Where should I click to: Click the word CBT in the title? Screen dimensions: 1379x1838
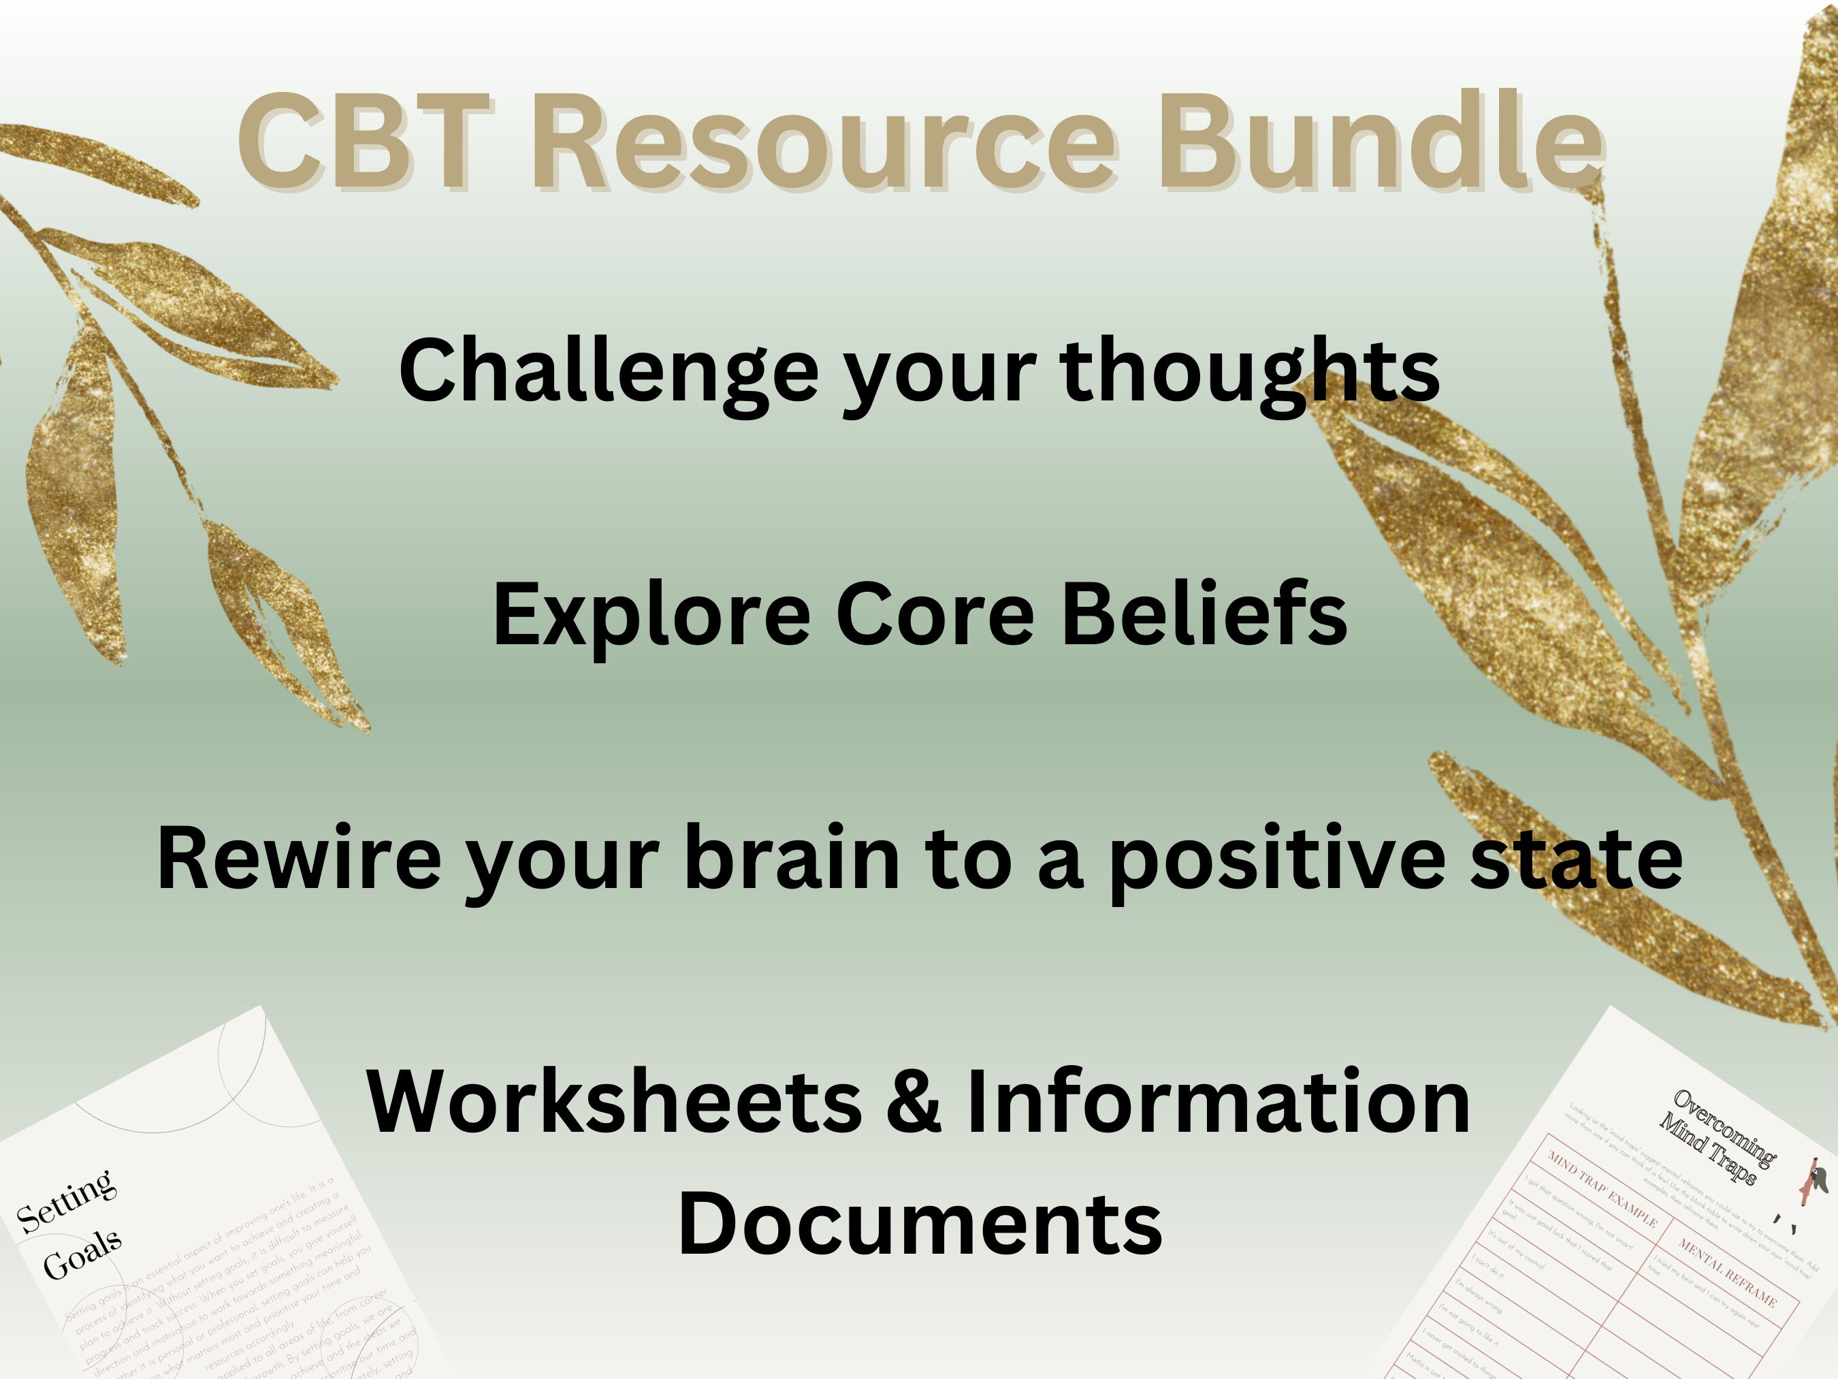366,143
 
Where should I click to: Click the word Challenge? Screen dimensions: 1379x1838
608,372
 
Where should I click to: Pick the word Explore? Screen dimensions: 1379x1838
651,615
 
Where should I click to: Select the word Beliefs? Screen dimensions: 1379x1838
1204,615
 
